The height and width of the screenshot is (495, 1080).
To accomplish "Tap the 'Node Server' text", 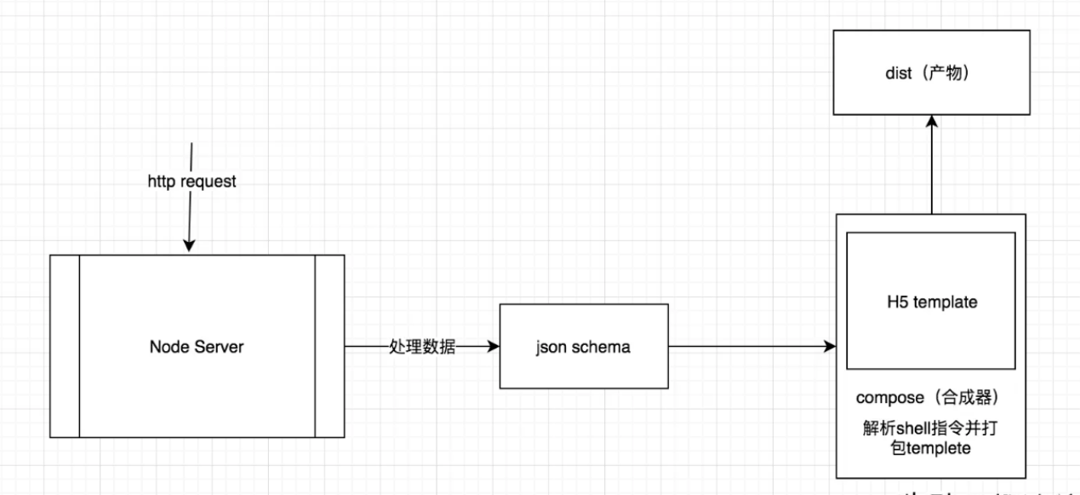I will point(197,347).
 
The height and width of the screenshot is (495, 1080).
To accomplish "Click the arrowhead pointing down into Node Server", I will point(189,246).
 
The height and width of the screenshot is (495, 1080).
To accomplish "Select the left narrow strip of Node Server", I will point(64,346).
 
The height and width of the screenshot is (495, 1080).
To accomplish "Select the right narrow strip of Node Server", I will point(329,346).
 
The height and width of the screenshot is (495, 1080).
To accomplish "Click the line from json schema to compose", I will point(749,347).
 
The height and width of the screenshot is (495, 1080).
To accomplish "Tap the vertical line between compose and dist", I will point(932,170).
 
